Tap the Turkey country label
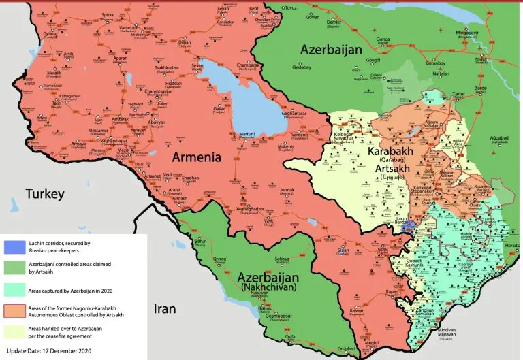pos(45,194)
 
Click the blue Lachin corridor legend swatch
pos(14,246)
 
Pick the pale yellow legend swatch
pos(14,331)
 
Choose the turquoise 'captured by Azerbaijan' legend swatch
pos(14,289)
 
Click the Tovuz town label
pos(291,7)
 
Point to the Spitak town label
pos(108,14)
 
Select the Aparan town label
pos(120,59)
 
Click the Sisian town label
pos(343,250)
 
